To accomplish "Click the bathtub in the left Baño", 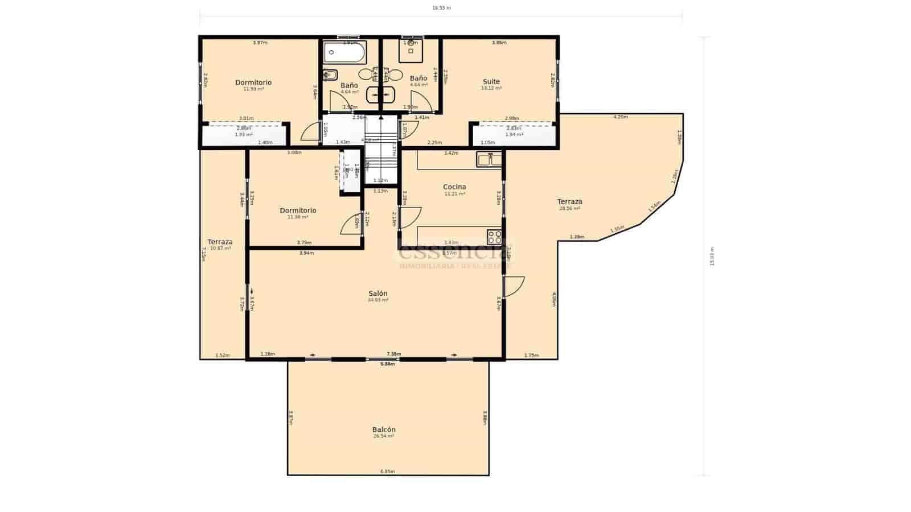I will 344,53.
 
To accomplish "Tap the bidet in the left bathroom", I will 330,75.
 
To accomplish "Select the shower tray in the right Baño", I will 411,51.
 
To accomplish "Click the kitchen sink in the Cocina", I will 489,159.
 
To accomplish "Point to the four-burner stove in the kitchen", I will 494,237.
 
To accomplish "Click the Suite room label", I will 491,81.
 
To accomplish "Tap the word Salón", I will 377,294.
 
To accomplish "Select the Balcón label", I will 384,430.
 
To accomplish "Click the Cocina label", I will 454,187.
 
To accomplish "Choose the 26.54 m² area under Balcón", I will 384,436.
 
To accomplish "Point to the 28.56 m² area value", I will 569,209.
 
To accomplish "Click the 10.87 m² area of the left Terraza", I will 220,249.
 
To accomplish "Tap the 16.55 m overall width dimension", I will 441,8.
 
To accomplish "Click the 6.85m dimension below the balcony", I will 388,472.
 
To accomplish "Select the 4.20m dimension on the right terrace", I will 620,117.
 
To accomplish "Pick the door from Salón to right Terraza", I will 514,286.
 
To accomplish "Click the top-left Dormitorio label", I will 253,82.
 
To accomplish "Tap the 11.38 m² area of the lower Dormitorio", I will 298,217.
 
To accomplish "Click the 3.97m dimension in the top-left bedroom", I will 260,43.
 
